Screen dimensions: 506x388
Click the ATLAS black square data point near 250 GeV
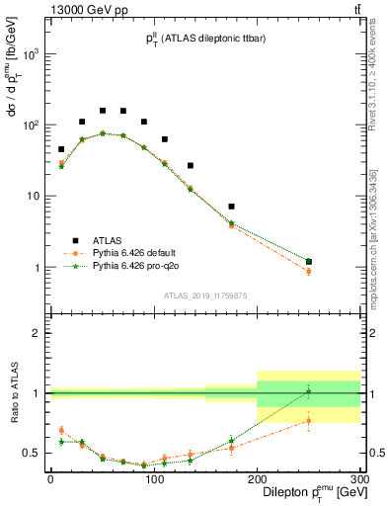click(x=309, y=262)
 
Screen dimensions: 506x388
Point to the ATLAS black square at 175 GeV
click(x=231, y=207)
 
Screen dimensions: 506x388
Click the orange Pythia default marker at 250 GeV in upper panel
click(x=309, y=272)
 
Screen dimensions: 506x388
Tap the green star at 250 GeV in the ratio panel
click(x=309, y=391)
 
